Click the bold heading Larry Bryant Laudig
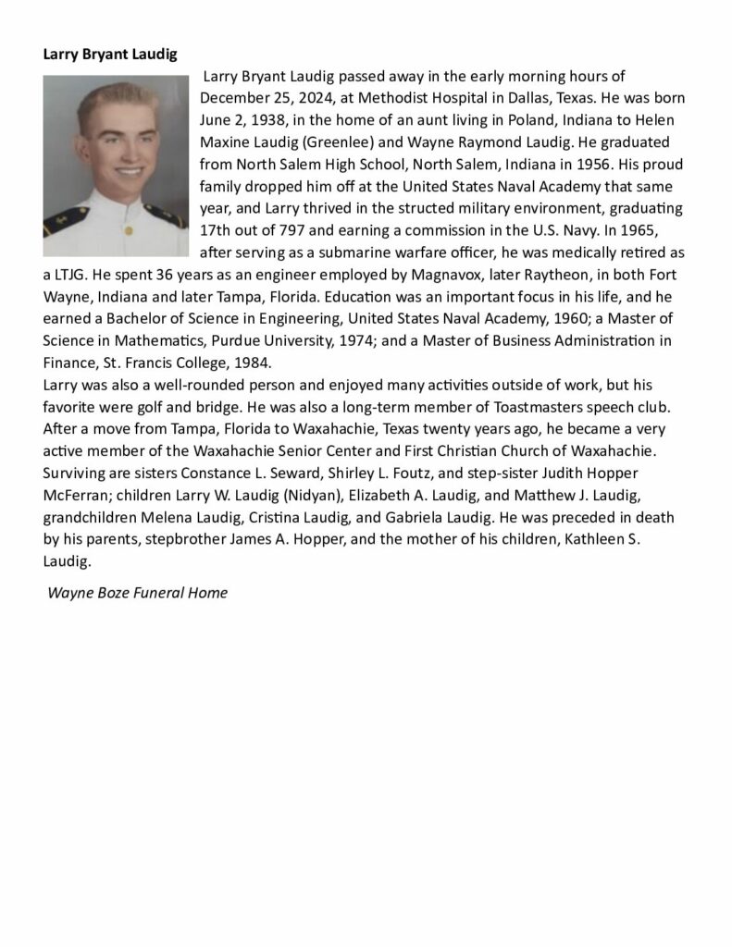pyautogui.click(x=110, y=54)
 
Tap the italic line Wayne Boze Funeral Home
pyautogui.click(x=137, y=593)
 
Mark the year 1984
pyautogui.click(x=252, y=364)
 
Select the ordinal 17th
pyautogui.click(x=217, y=231)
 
